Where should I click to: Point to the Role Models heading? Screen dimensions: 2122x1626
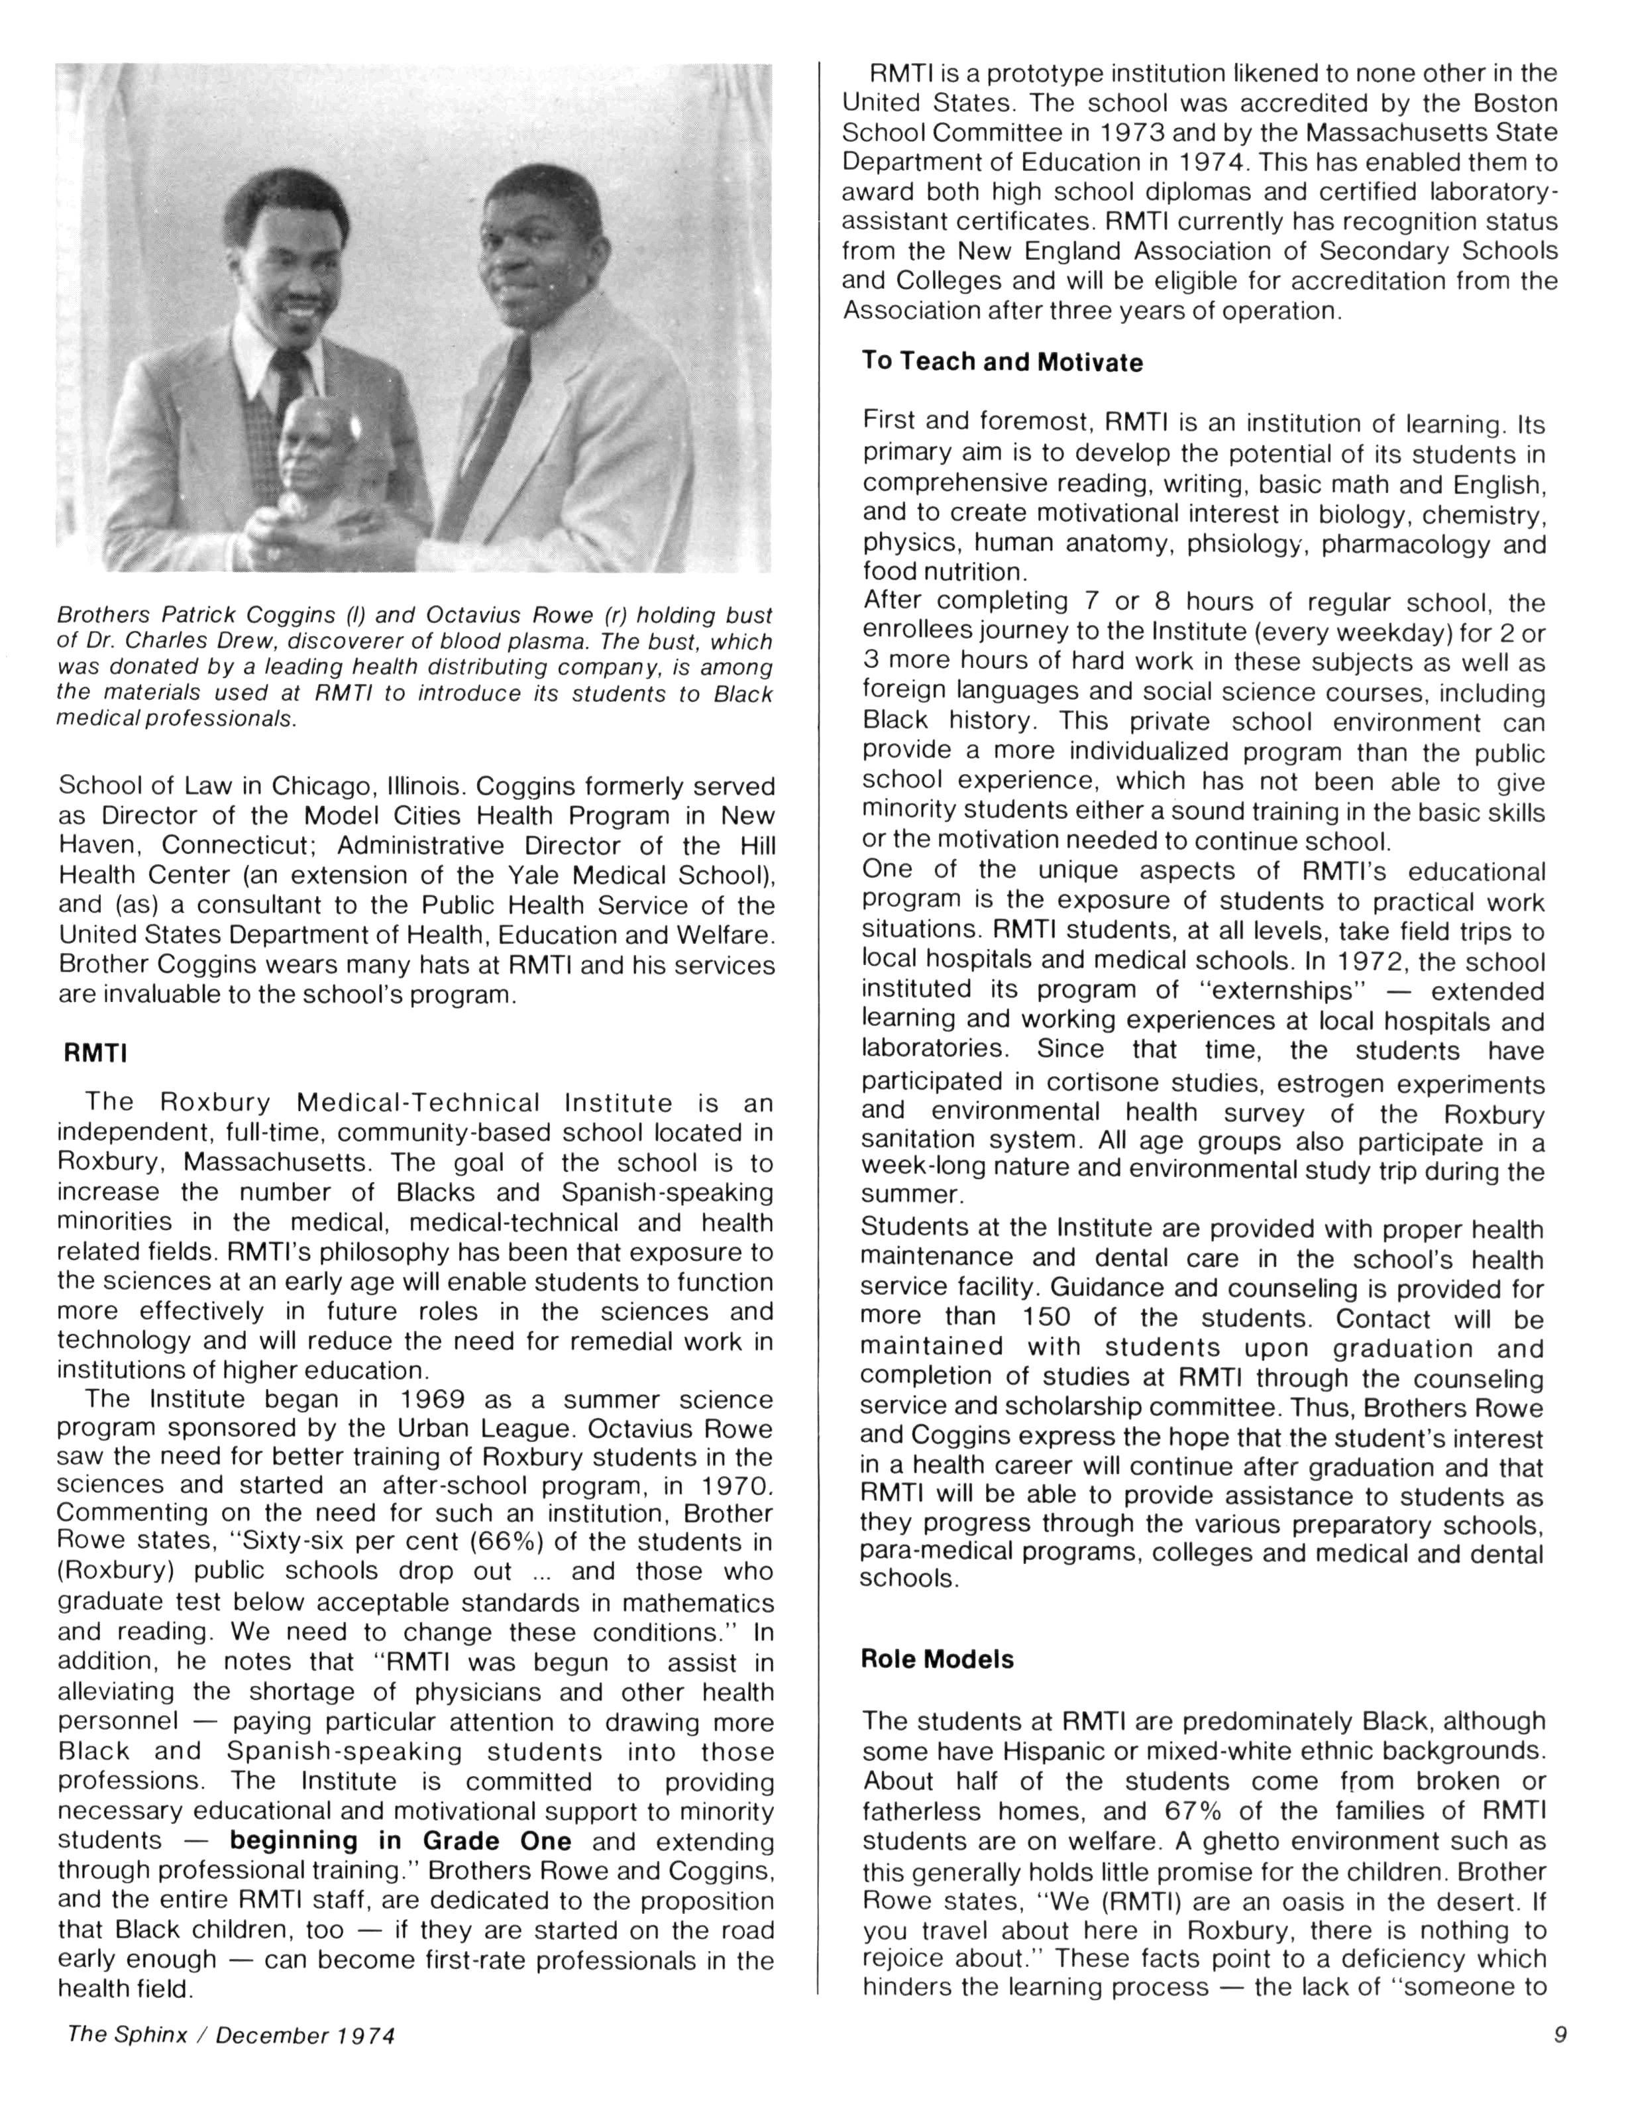(937, 1659)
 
